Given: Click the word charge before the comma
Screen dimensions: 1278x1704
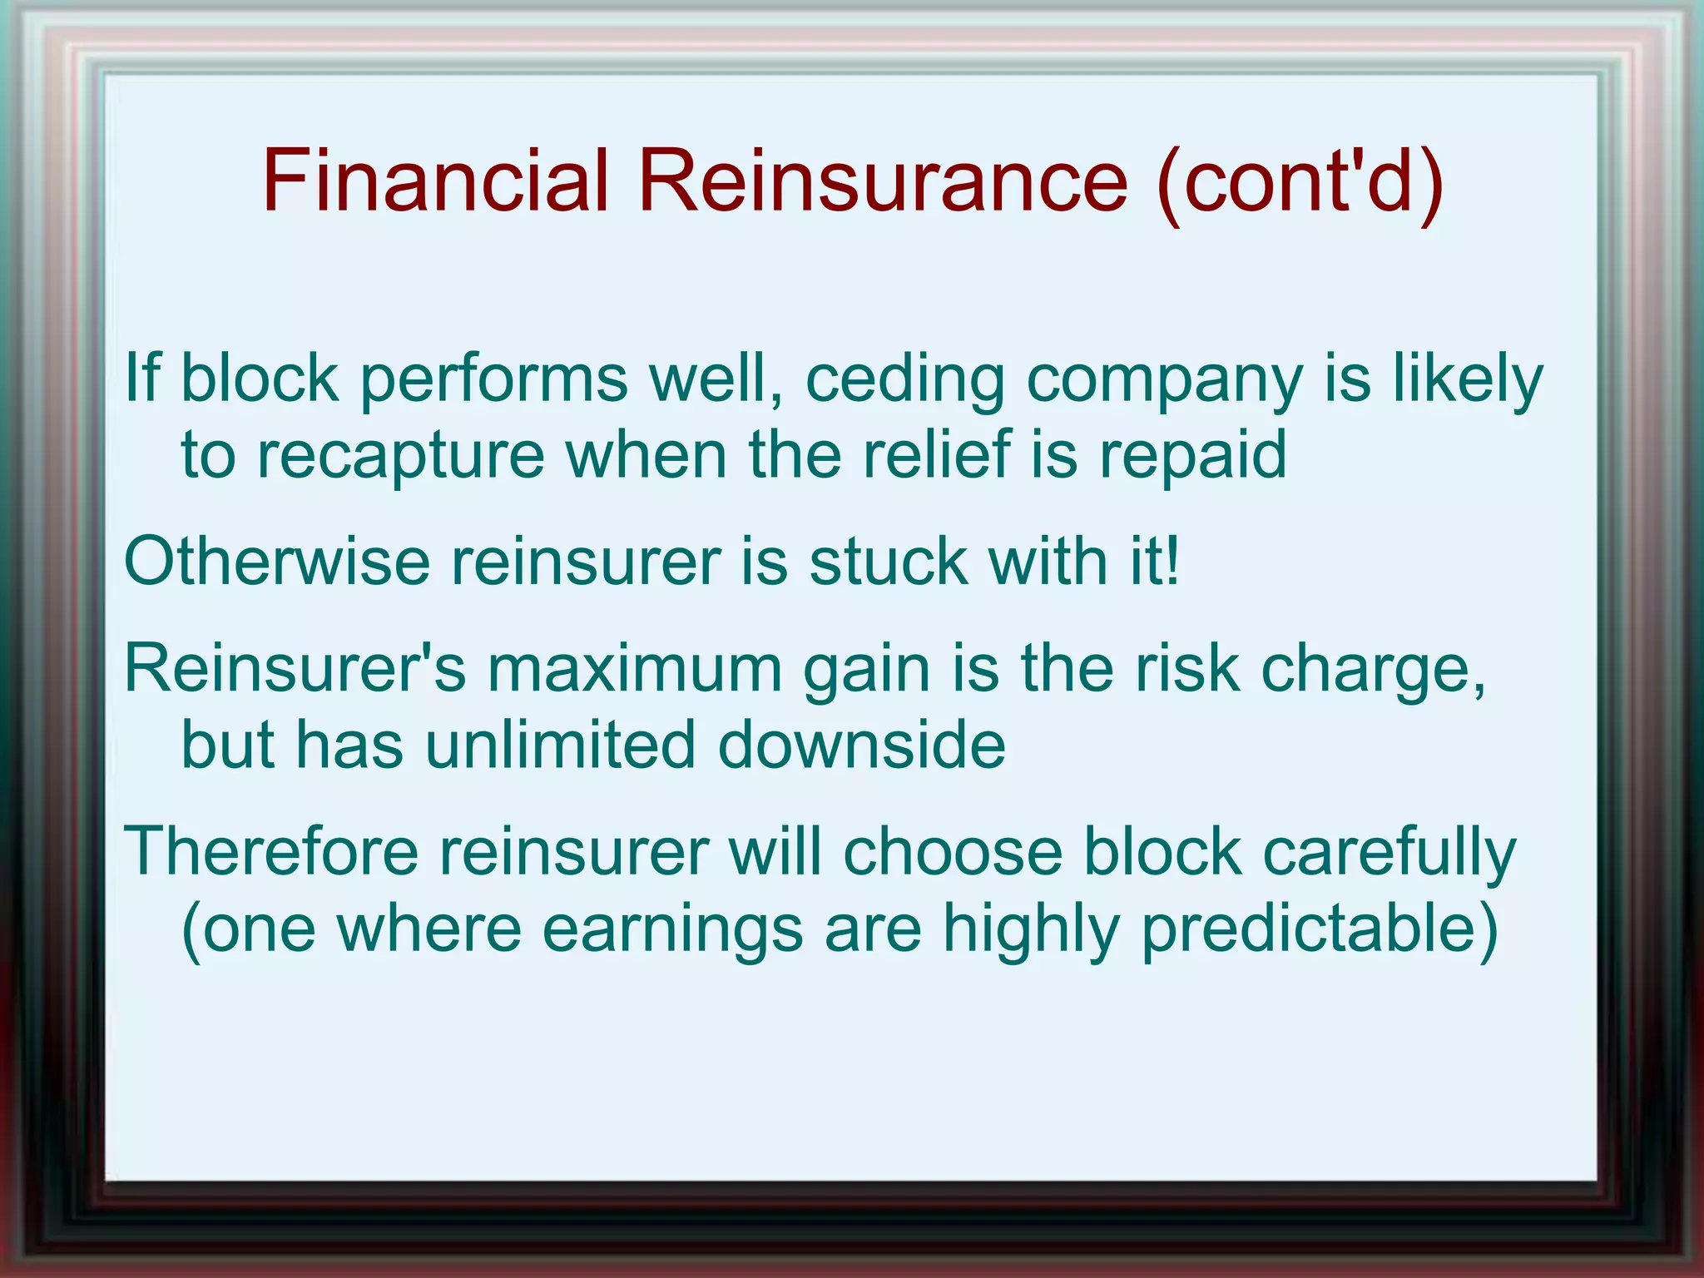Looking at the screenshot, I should coord(1365,670).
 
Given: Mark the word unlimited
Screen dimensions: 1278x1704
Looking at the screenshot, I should coord(560,745).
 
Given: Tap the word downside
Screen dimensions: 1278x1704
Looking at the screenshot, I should coord(861,745).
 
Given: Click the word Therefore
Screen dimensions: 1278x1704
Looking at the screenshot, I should coord(271,852).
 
